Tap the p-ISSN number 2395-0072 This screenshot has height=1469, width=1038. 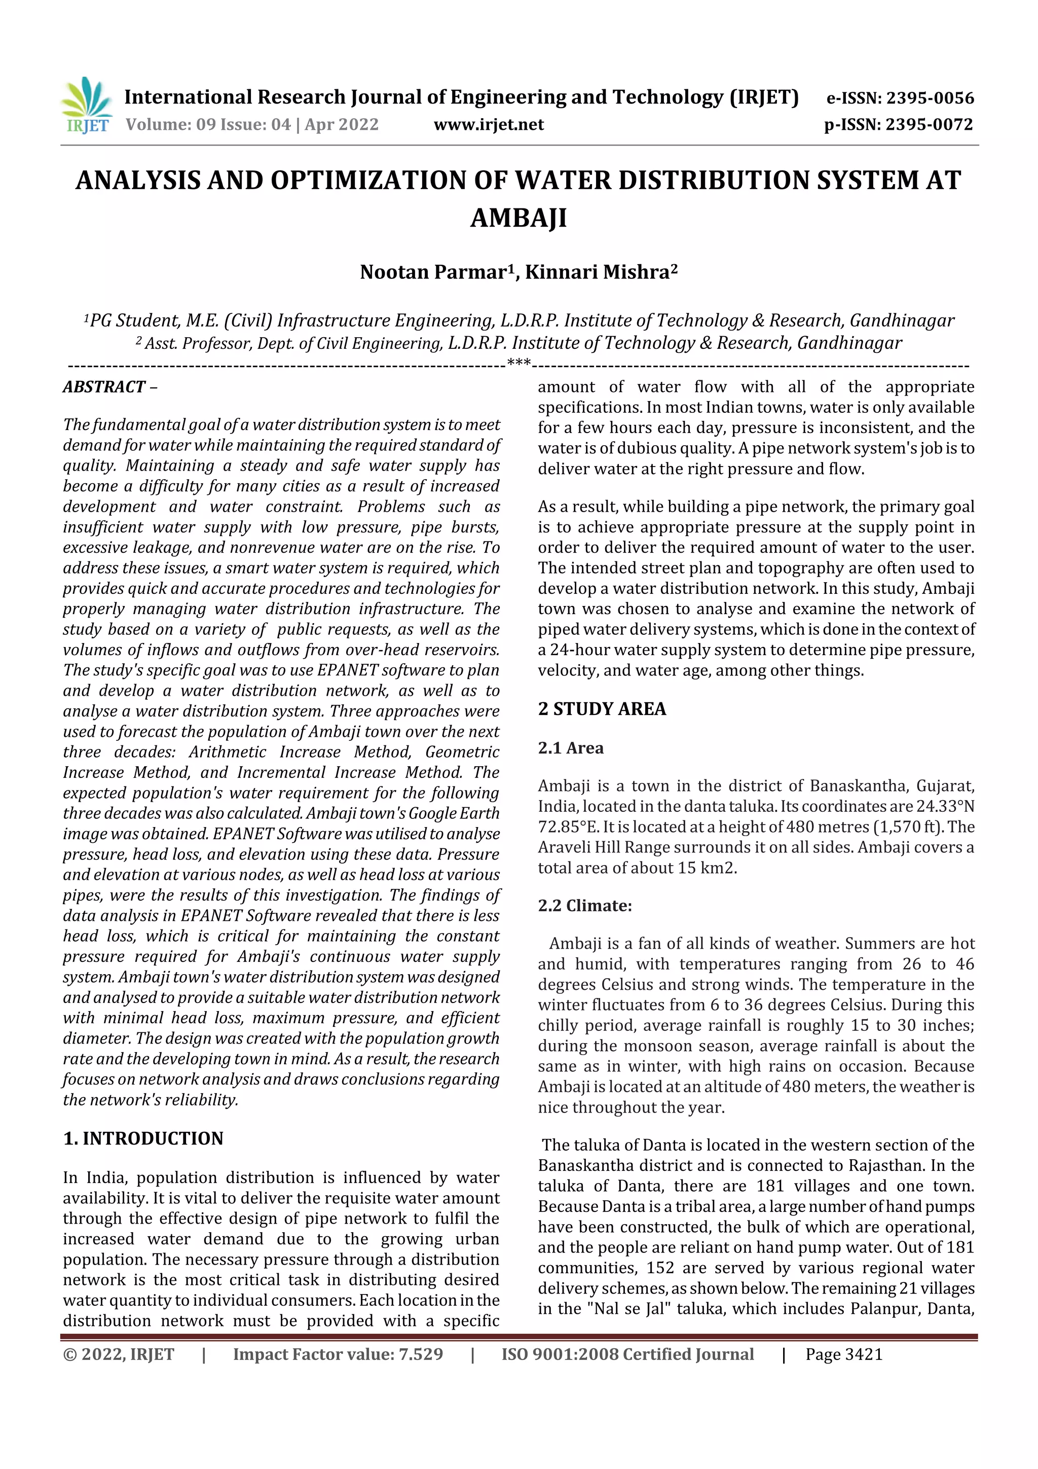[929, 125]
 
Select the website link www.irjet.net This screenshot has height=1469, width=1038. [489, 125]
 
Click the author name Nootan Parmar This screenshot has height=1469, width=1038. [433, 273]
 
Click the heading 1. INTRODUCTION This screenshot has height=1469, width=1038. [143, 1139]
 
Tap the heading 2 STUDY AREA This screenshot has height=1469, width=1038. [602, 709]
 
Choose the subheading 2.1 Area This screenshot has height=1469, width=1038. [571, 748]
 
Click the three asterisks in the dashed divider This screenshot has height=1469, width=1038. [518, 364]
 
